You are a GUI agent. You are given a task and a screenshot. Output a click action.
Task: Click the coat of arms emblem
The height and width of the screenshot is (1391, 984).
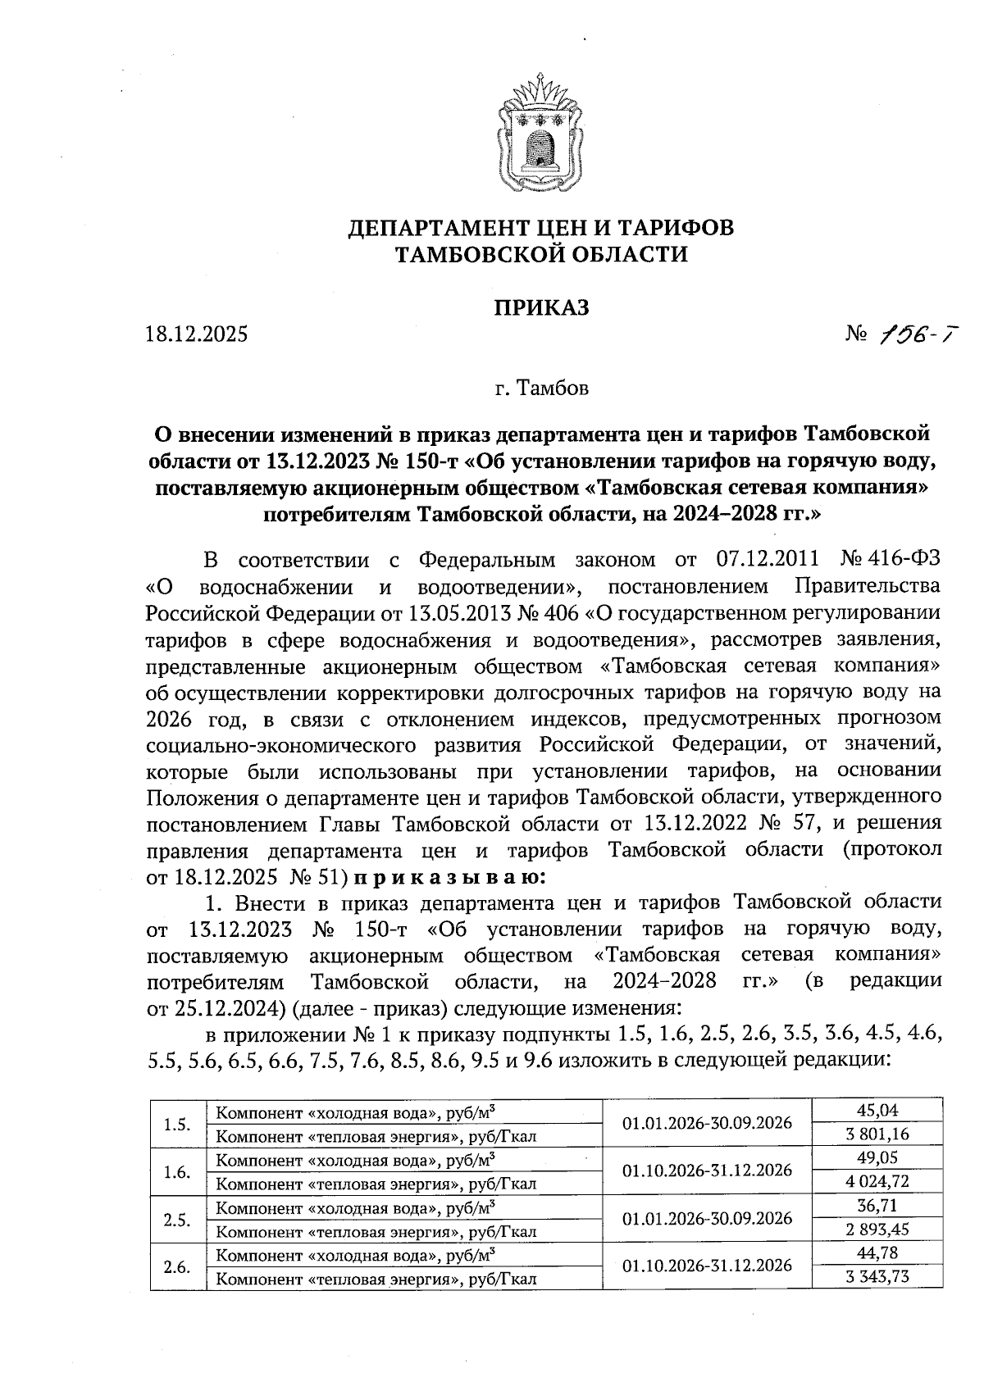point(540,131)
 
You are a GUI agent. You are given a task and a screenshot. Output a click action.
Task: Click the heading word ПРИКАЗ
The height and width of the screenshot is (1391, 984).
point(540,307)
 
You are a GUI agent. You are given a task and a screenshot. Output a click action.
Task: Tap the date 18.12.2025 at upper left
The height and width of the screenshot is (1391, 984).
point(196,334)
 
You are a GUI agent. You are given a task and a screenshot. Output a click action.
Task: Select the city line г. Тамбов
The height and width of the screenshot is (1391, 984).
point(540,388)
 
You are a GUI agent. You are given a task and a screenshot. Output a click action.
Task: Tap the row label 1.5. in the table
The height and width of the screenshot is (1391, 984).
point(177,1123)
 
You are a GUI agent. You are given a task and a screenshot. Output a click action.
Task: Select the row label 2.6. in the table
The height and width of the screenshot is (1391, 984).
point(177,1266)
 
